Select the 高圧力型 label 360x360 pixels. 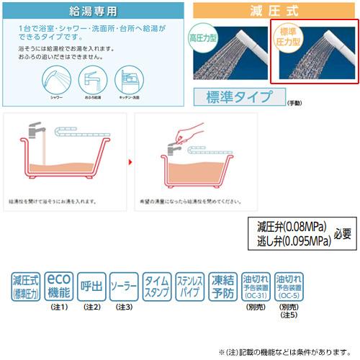[x=203, y=39]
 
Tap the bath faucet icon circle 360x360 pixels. [x=93, y=78]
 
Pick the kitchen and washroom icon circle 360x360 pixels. [x=131, y=78]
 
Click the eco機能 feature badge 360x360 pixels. [x=59, y=287]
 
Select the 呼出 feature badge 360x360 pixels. [x=91, y=287]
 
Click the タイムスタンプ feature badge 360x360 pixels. [x=157, y=287]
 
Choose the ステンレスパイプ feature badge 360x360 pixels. [x=189, y=287]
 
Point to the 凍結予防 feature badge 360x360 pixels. [x=222, y=287]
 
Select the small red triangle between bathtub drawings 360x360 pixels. [x=130, y=163]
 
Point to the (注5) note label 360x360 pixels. [x=288, y=315]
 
